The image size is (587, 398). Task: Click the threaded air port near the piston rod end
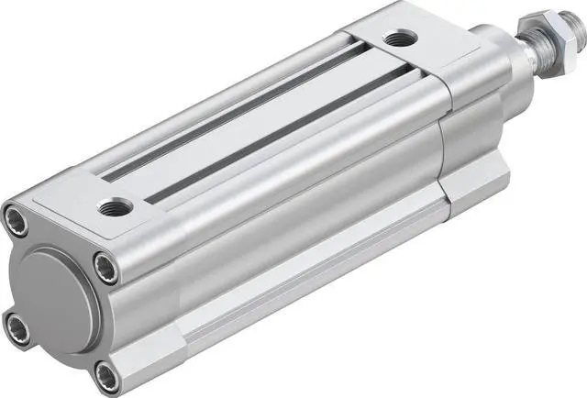coord(399,39)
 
